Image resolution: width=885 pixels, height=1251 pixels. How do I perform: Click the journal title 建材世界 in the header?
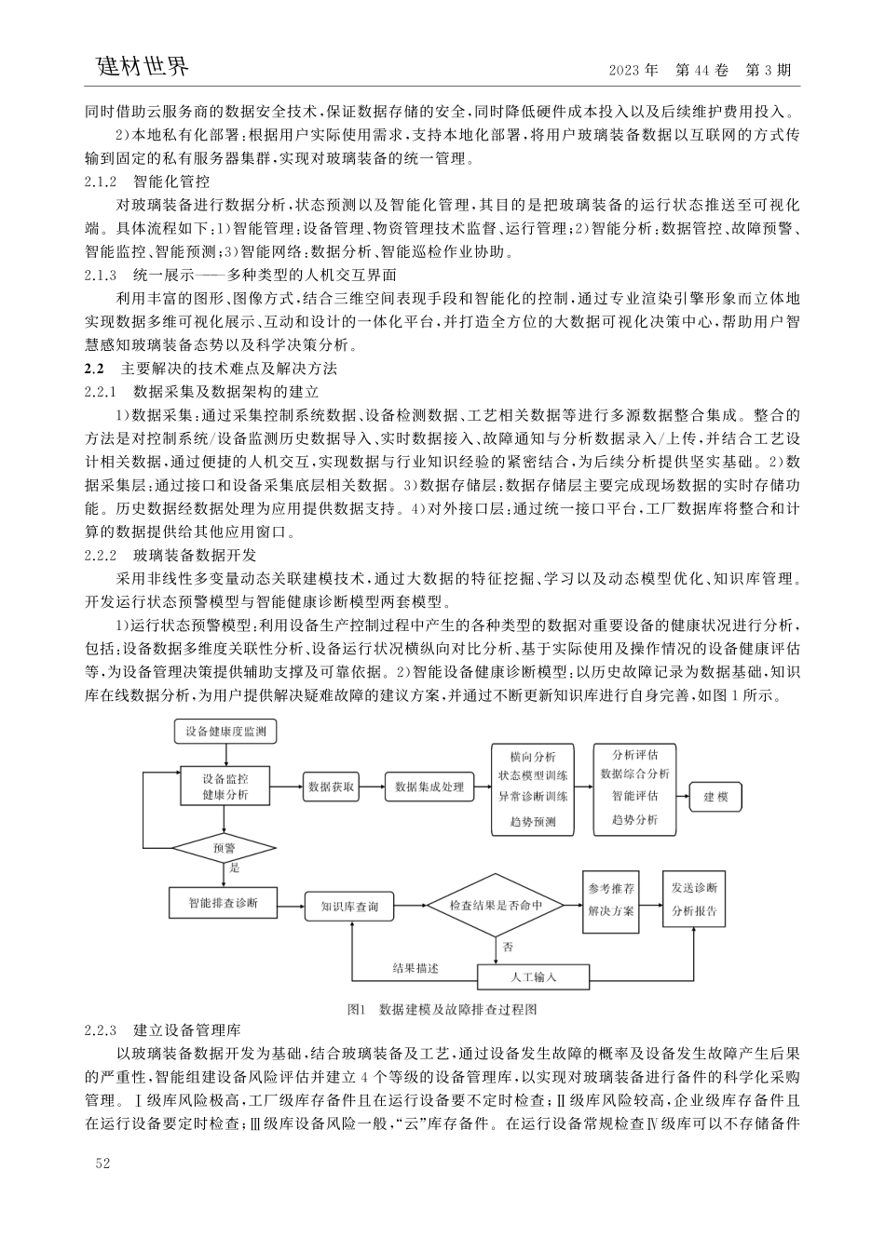[x=143, y=67]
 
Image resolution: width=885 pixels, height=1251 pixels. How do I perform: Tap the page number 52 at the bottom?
[x=102, y=1164]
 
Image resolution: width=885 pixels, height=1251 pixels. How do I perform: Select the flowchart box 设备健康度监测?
[x=225, y=733]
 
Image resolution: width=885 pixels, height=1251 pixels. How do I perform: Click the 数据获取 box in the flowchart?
[x=331, y=787]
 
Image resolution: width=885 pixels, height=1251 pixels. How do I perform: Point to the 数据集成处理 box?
[x=429, y=787]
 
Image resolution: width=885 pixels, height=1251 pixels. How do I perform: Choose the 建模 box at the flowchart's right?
[x=715, y=797]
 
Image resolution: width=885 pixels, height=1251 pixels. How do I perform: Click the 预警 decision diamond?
[x=224, y=848]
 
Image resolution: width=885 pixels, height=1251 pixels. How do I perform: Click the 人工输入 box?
[x=534, y=976]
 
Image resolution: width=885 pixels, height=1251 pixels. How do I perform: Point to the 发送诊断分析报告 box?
[x=695, y=899]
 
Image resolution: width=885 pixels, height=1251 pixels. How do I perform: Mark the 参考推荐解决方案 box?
[x=610, y=899]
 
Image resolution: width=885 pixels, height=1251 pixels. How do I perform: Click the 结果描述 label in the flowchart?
[x=415, y=968]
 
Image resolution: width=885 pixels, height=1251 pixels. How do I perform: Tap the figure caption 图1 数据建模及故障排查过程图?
[x=442, y=1008]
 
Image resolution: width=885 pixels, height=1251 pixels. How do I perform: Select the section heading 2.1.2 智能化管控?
[x=146, y=181]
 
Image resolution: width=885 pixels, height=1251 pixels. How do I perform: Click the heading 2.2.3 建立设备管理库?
[x=162, y=1030]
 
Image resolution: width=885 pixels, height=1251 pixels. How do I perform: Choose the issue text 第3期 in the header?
[x=769, y=71]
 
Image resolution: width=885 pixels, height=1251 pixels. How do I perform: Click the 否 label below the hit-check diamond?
[x=508, y=948]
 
